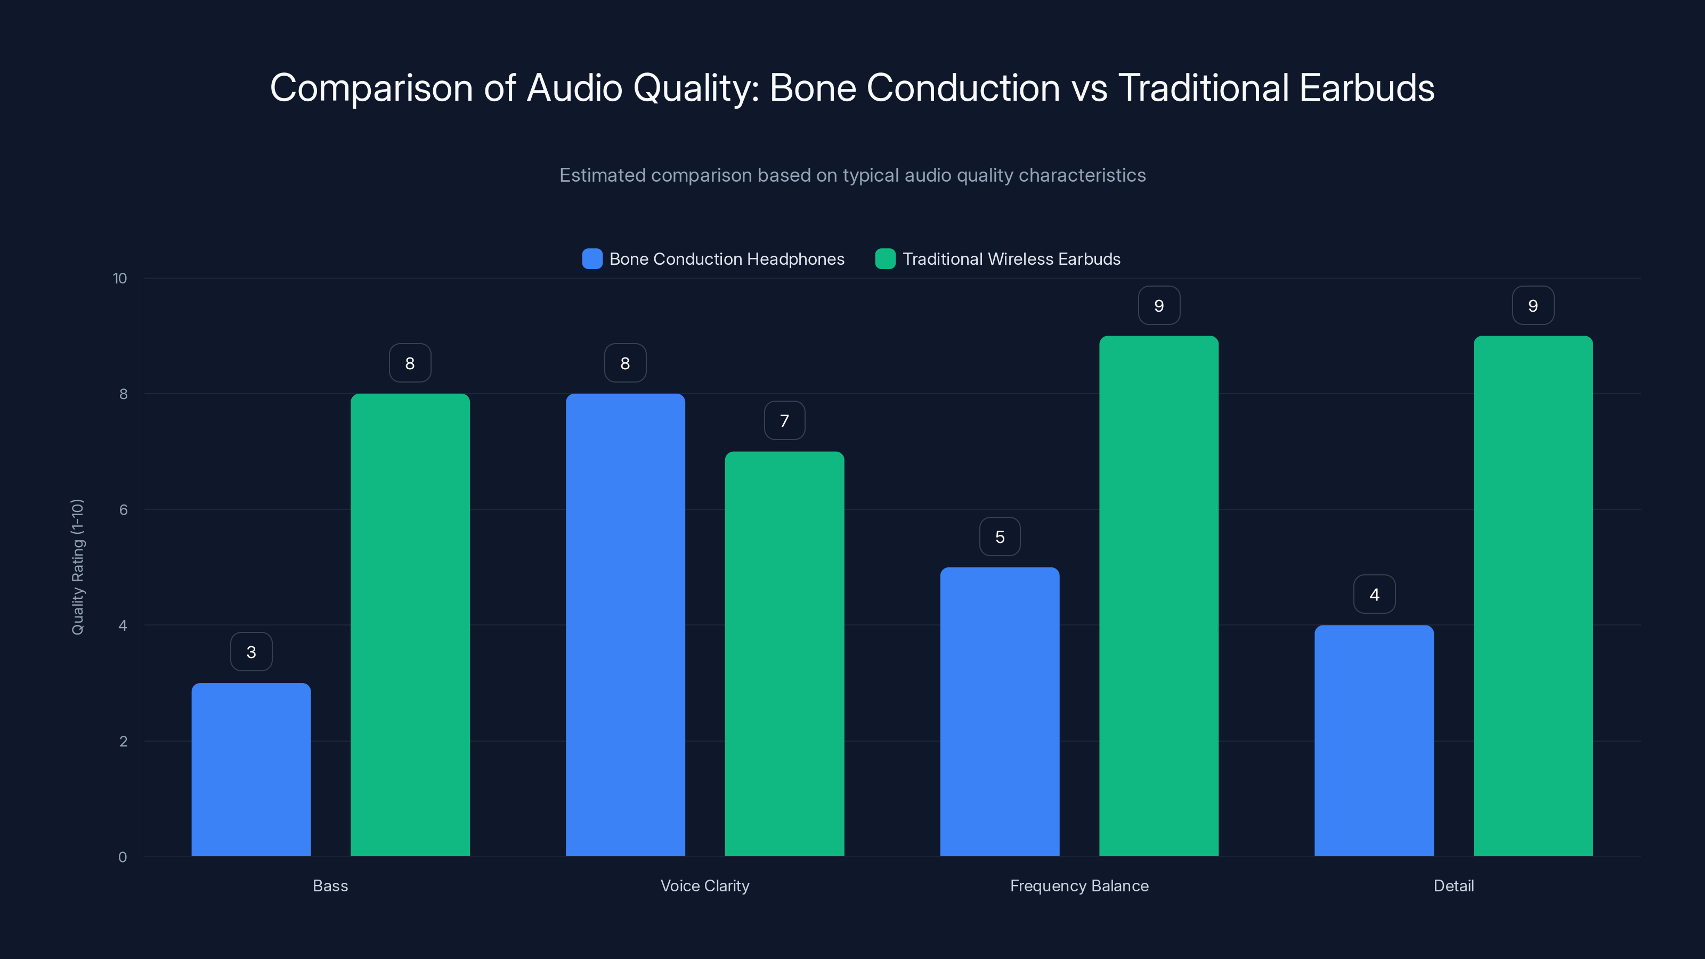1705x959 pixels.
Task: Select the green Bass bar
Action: pos(410,625)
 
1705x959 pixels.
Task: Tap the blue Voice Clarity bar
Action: pos(625,625)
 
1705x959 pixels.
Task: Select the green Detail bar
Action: pos(1533,596)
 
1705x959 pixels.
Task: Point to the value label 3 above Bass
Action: pos(251,652)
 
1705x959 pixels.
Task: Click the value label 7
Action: pos(784,421)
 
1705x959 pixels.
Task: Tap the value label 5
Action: pos(1000,537)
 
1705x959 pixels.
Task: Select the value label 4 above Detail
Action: pos(1374,595)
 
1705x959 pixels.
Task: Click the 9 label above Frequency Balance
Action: pos(1158,306)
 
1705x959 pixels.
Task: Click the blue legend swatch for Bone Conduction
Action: pos(592,259)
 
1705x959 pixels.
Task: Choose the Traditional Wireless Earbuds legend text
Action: pos(1011,259)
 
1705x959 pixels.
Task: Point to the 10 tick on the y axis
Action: pos(120,278)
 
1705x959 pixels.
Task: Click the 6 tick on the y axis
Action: pos(123,510)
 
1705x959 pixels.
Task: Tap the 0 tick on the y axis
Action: pos(123,857)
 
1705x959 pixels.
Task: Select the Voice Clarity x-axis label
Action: pos(704,885)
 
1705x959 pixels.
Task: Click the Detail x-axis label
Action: pos(1453,885)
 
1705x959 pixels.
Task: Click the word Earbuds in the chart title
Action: pos(1366,88)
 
